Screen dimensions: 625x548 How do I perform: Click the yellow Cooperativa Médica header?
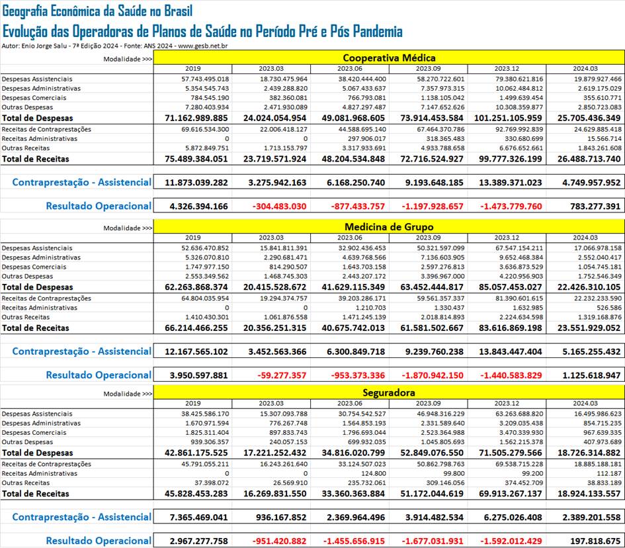[389, 58]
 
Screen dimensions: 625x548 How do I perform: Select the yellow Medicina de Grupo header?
[389, 226]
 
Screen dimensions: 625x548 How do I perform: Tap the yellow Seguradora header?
[389, 392]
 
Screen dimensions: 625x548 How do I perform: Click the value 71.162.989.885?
[196, 118]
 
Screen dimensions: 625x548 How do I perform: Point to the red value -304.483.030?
[279, 206]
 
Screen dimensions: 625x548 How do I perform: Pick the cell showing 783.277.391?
[595, 206]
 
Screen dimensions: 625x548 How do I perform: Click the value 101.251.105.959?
[508, 118]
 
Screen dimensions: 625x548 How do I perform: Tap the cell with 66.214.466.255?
[196, 328]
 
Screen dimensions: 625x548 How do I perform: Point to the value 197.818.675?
[595, 541]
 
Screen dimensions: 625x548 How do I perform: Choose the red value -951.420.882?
[279, 541]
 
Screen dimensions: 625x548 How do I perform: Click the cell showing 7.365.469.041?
[198, 518]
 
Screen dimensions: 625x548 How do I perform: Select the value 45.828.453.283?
[196, 493]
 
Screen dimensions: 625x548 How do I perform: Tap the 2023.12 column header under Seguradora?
[507, 403]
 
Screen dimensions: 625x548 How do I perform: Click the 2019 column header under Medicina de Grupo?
[192, 238]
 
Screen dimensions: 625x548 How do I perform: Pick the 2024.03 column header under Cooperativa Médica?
[585, 69]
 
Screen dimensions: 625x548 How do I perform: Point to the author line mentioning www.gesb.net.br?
[114, 46]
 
